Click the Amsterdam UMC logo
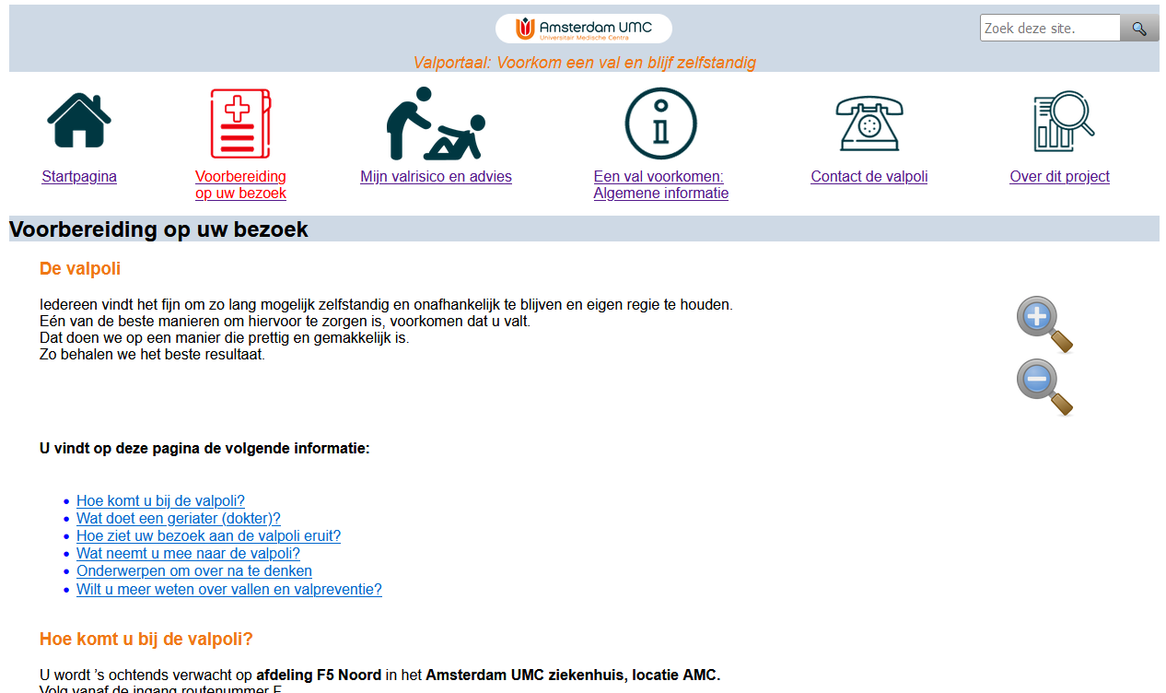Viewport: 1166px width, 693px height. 583,29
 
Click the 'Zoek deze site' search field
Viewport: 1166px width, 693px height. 1049,29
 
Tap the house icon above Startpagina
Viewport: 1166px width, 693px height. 79,121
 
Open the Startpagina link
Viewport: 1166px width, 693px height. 79,177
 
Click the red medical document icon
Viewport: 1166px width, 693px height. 240,123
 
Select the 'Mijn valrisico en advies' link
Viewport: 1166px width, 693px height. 436,177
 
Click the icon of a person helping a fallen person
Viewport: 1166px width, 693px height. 436,123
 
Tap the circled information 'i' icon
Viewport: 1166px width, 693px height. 660,123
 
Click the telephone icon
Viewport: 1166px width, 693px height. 869,123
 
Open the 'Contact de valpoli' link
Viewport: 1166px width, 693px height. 869,177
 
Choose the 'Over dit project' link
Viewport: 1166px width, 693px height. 1059,177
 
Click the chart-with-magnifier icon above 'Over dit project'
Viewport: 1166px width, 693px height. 1062,122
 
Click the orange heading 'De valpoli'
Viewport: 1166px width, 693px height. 80,269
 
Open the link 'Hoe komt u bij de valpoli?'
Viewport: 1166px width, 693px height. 160,501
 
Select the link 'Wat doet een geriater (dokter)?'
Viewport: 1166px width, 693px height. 178,519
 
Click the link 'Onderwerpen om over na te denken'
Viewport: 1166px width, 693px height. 193,571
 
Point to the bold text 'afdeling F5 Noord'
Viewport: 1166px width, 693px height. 319,675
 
